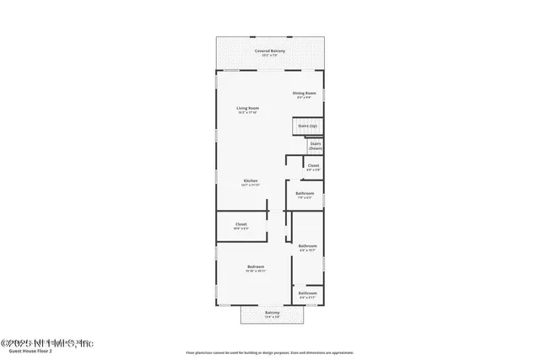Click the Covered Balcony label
pos(270,51)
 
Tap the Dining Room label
pos(305,93)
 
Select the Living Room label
pos(247,108)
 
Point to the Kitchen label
pos(251,181)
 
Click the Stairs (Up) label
pos(308,126)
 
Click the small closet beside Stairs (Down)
pos(313,166)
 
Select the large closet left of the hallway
pos(240,224)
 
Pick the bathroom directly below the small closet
pos(305,195)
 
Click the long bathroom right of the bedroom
pos(307,247)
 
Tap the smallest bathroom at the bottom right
pos(307,294)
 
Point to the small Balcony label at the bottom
pos(272,313)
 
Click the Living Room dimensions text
pos(247,112)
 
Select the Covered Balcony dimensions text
pos(270,56)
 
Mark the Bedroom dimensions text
pos(256,271)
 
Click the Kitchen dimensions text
pos(251,185)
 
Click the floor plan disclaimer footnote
pos(270,352)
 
